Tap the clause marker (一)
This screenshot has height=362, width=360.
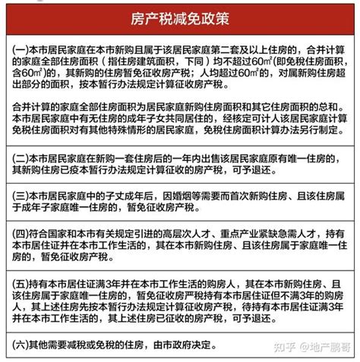(21, 47)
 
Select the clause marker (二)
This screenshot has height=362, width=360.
(21, 159)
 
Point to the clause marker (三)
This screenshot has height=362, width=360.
(21, 193)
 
